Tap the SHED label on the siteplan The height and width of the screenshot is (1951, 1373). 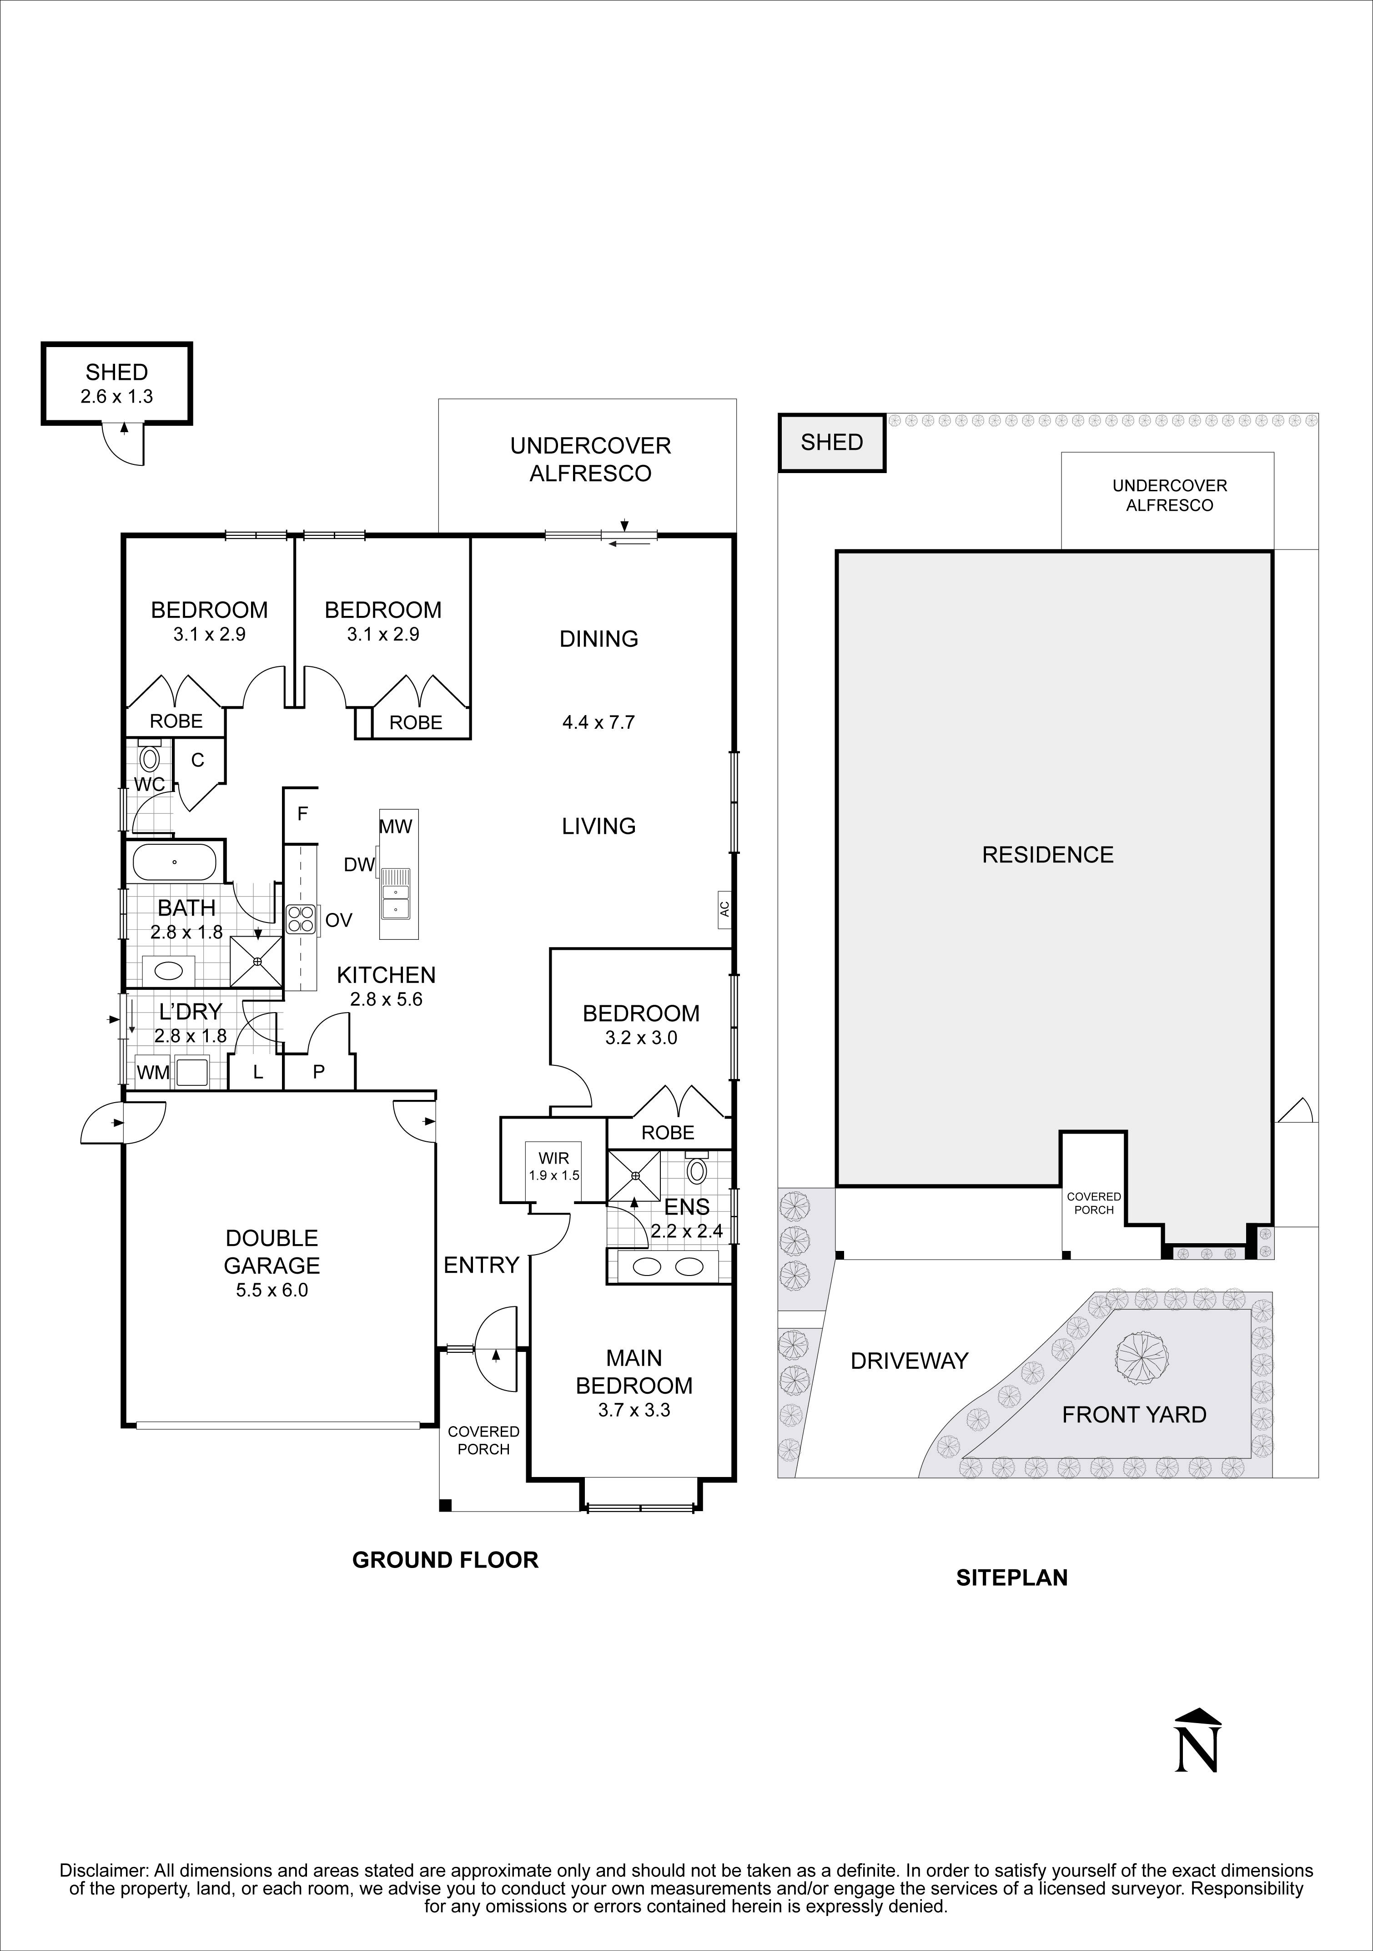[832, 442]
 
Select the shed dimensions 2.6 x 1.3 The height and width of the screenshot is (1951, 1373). [116, 396]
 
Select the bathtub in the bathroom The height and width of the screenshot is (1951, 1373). [174, 862]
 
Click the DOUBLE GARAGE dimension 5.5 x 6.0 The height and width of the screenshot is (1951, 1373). [272, 1290]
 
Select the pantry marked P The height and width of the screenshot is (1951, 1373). [319, 1072]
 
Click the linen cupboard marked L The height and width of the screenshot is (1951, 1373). [257, 1072]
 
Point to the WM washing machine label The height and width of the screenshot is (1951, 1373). [153, 1072]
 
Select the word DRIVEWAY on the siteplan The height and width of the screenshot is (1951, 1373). [909, 1361]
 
